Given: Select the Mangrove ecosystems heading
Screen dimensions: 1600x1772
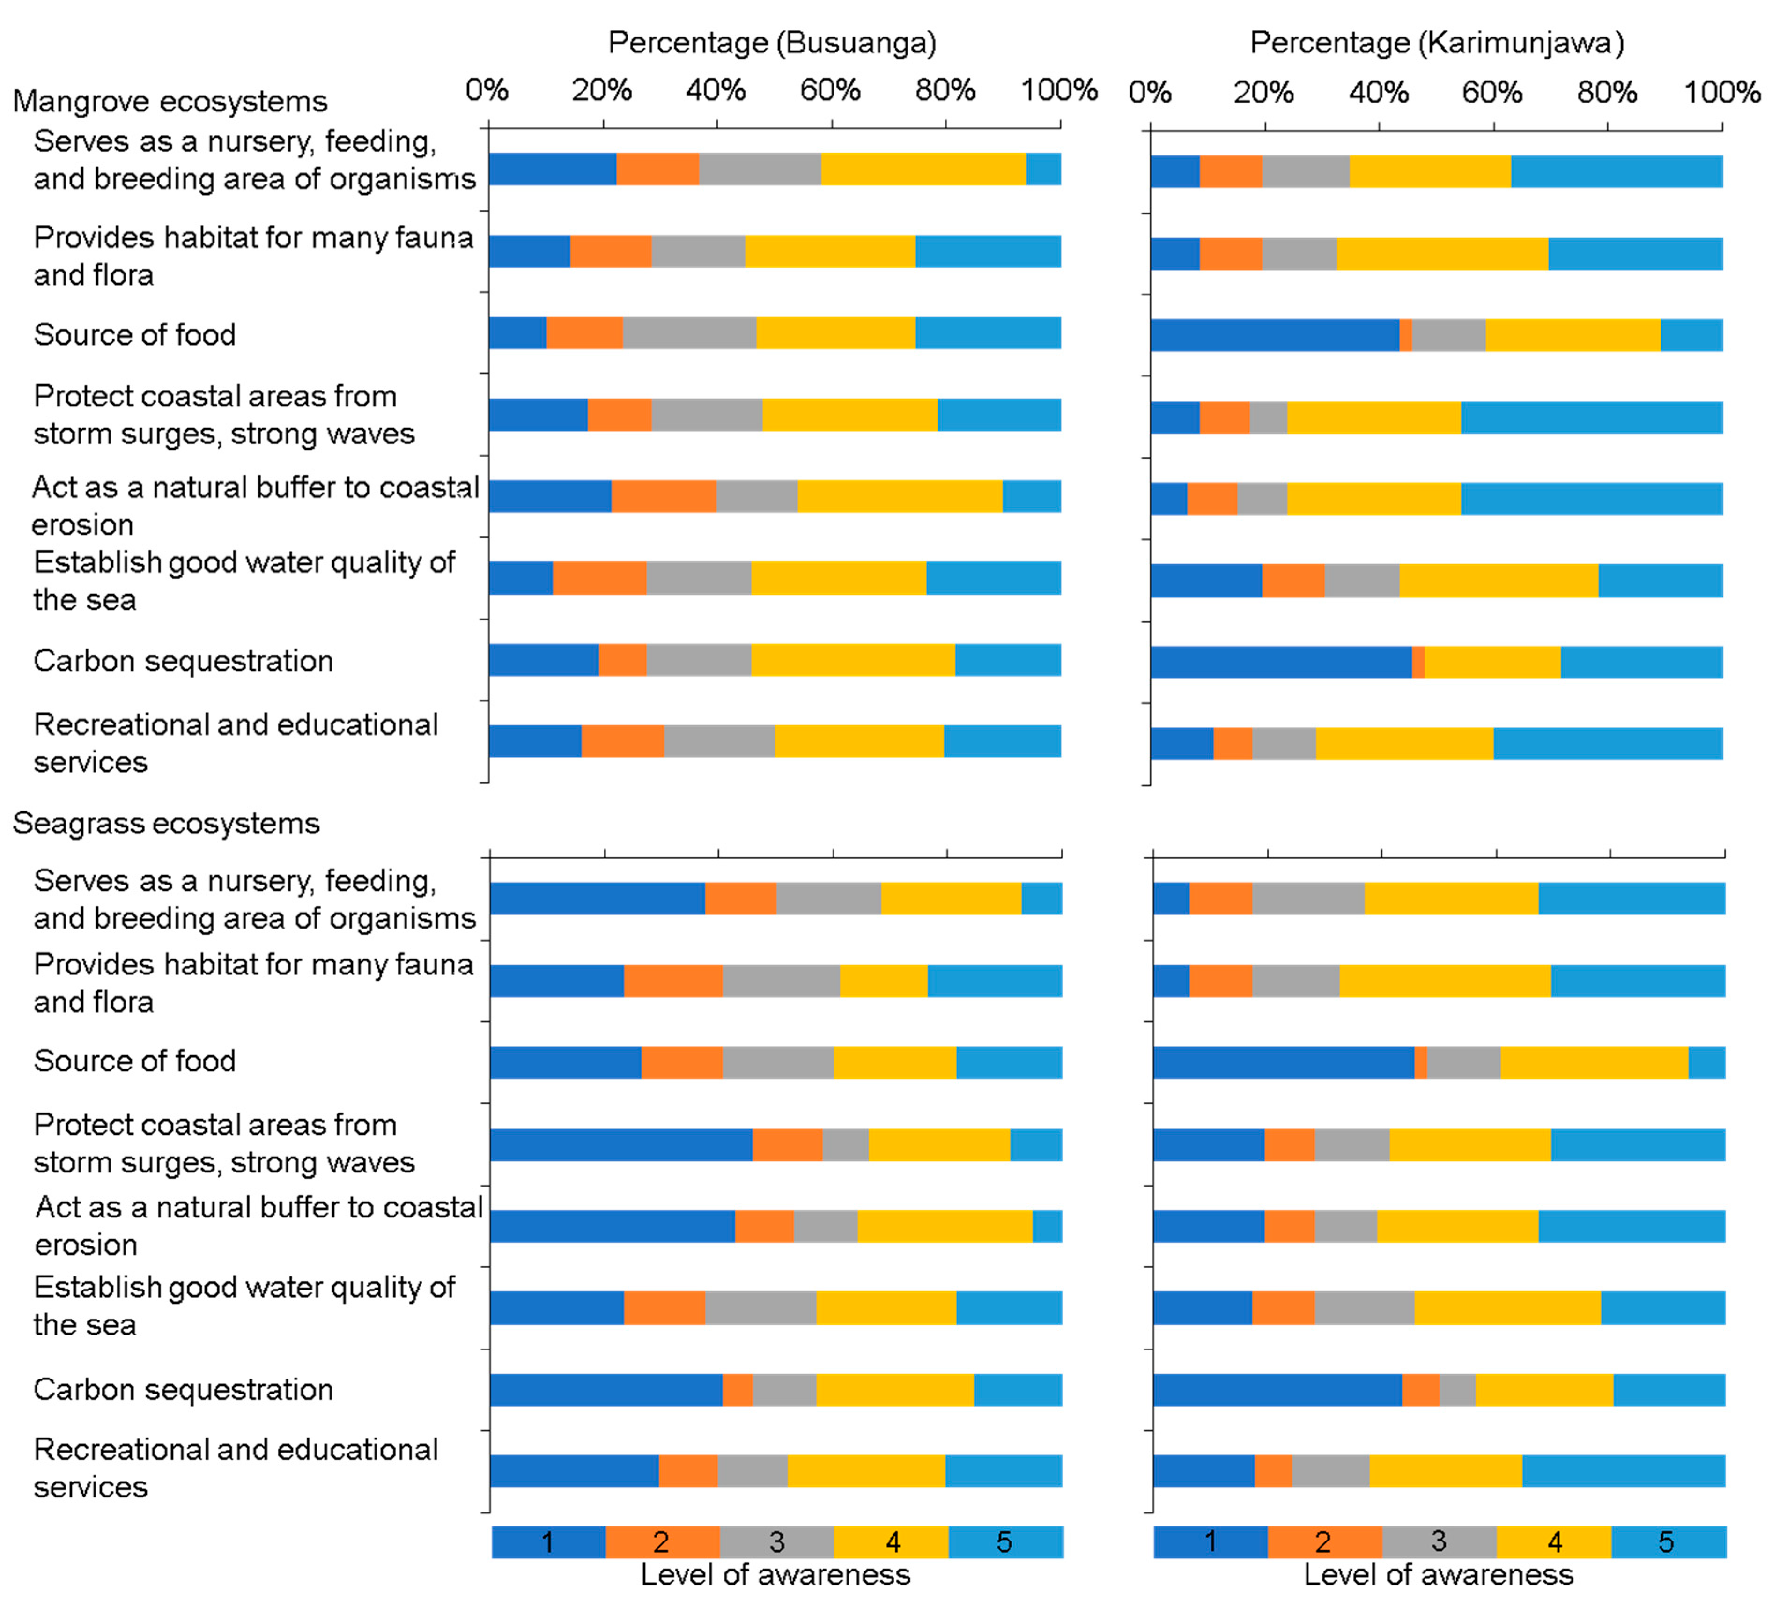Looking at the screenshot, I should (170, 101).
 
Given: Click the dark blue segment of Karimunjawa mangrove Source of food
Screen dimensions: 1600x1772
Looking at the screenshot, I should (1275, 335).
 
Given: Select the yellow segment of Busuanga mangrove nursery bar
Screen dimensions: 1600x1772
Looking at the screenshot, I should (923, 169).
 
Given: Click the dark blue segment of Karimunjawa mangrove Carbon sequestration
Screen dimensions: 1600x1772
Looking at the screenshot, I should (1281, 662).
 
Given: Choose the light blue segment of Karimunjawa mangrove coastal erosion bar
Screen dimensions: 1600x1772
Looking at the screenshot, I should (1591, 499).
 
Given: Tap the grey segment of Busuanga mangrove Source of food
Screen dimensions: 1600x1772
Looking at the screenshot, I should (689, 332).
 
